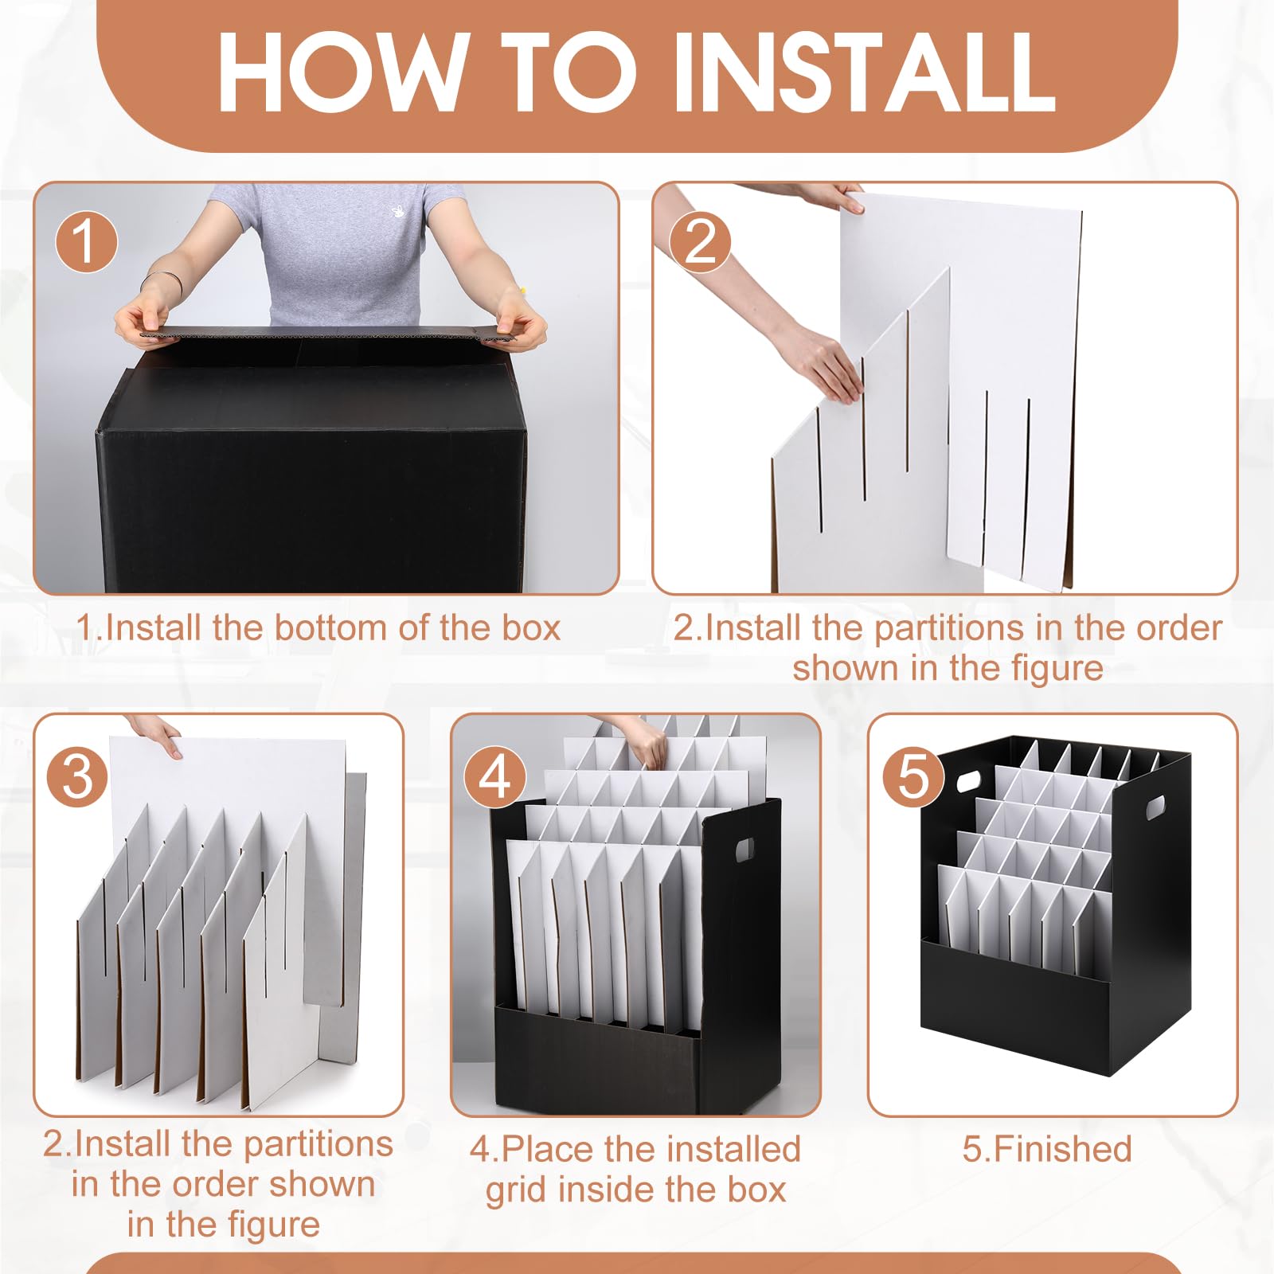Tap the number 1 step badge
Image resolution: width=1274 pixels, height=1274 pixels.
87,241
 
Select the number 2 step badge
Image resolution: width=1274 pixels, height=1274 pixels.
701,241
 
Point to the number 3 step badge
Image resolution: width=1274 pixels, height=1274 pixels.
77,776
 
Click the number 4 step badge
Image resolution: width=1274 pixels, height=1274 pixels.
495,776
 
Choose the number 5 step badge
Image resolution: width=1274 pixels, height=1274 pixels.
913,776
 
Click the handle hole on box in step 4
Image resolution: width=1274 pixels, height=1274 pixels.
744,849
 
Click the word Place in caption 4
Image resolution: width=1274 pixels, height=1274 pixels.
547,1149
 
